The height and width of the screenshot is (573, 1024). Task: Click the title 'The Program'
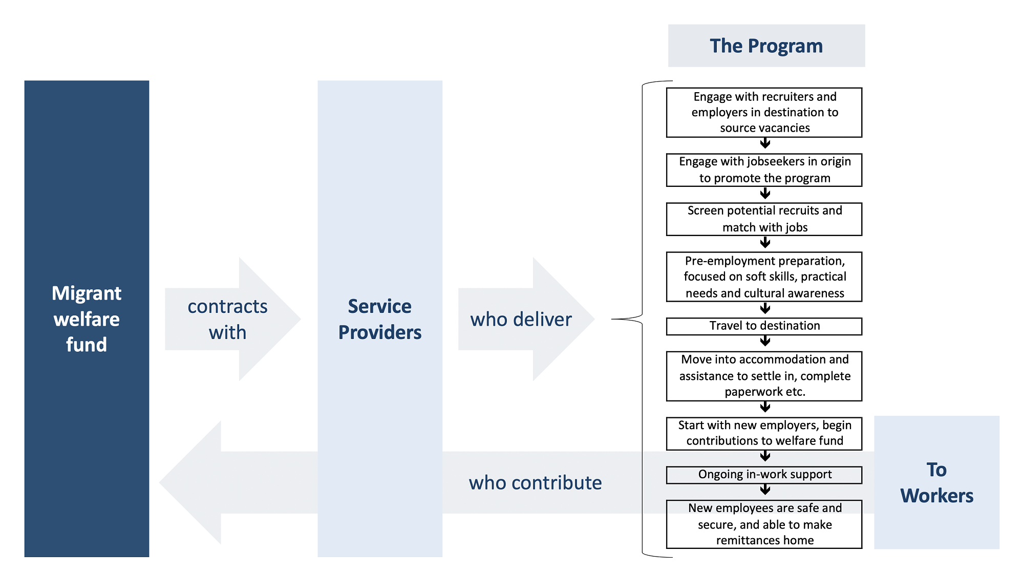coord(766,46)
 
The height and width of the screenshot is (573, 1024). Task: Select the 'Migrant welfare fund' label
coord(87,319)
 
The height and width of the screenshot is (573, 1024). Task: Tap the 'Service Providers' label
coord(380,319)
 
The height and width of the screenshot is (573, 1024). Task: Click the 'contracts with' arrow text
coord(227,319)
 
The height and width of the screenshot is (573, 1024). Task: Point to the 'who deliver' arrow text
coord(521,319)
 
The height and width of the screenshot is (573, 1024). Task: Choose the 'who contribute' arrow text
coord(535,482)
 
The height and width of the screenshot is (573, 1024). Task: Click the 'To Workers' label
coord(936,482)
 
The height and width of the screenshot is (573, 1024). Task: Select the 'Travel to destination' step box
coord(764,326)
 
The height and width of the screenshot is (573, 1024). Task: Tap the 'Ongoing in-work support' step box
coord(764,475)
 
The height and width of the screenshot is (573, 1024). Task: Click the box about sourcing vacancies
coord(764,113)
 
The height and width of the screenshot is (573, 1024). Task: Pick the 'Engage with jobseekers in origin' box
coord(764,170)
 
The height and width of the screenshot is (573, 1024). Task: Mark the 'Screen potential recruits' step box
coord(764,219)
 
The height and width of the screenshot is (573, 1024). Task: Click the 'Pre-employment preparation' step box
coord(764,277)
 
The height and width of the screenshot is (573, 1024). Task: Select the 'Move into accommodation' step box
coord(764,376)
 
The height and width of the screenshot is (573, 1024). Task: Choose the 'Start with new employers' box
coord(764,433)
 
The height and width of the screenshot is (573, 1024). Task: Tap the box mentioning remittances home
coord(764,524)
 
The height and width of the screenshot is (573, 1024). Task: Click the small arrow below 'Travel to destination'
coord(765,342)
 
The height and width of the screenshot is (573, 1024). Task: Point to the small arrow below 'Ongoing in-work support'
coord(765,490)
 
